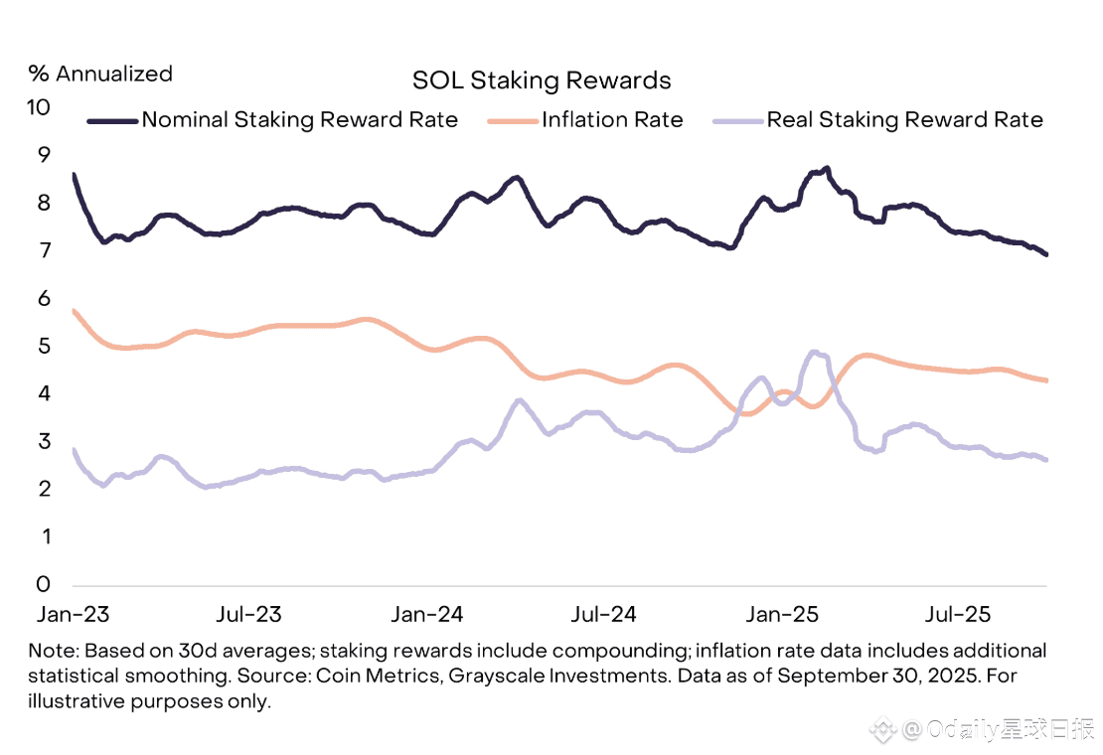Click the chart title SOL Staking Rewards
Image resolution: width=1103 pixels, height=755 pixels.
pos(542,80)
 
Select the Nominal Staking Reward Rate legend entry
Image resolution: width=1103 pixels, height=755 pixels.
pos(299,120)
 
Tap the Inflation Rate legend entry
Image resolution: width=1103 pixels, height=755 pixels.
pos(612,120)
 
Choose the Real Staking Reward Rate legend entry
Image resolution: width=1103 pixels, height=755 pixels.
pos(904,120)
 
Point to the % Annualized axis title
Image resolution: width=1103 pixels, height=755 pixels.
pos(100,74)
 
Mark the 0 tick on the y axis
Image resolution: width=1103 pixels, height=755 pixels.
pos(44,584)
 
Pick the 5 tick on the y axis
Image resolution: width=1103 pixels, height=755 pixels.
pos(44,346)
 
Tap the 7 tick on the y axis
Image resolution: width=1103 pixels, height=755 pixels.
pos(44,250)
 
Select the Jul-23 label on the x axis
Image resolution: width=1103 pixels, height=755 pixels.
pos(248,614)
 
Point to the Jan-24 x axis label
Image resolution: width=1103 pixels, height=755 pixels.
pos(426,614)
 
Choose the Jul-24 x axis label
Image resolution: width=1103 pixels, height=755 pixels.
pos(604,614)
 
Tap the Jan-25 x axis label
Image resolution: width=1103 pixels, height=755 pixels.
pos(782,614)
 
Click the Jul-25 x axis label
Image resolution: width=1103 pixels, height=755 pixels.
pos(958,614)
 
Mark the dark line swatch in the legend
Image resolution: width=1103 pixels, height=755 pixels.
pos(112,120)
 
